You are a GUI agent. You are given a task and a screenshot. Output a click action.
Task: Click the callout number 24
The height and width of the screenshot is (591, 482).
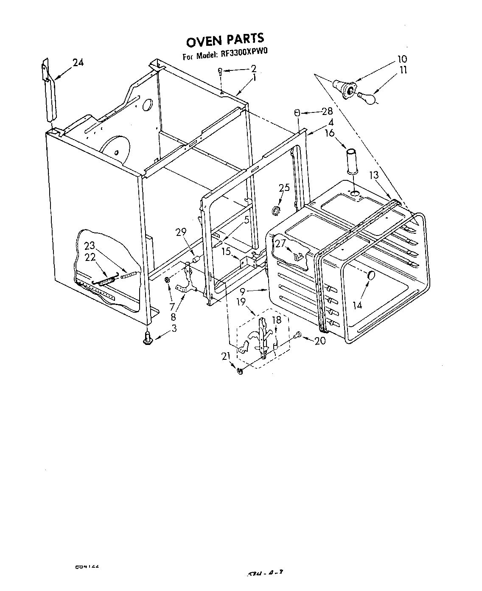78,63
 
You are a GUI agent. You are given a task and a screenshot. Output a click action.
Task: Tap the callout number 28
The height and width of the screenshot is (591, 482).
327,112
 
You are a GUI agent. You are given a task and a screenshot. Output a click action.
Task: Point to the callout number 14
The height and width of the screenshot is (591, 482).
358,305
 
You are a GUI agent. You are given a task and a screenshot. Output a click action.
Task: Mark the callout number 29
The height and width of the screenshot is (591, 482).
181,232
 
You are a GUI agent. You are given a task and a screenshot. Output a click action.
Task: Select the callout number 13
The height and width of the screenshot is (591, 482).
373,175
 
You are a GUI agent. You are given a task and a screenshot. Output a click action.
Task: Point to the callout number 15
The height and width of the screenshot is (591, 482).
226,252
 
